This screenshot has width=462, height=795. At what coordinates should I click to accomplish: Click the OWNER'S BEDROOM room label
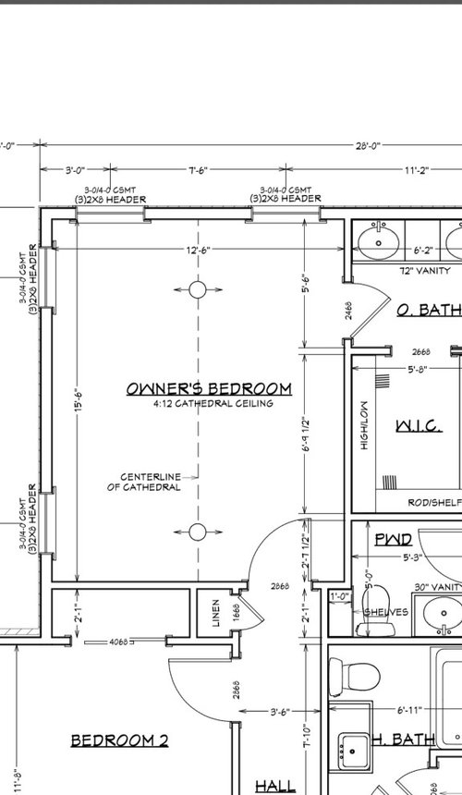pyautogui.click(x=209, y=389)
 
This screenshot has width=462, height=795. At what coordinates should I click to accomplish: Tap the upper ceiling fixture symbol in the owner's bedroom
pyautogui.click(x=197, y=290)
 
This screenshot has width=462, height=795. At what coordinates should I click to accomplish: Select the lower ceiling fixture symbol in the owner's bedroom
pyautogui.click(x=197, y=532)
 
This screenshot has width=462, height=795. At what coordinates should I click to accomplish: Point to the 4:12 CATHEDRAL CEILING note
pyautogui.click(x=213, y=404)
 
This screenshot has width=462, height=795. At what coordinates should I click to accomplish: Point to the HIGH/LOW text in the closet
pyautogui.click(x=365, y=425)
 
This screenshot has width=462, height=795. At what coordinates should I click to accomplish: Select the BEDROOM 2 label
pyautogui.click(x=119, y=740)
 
